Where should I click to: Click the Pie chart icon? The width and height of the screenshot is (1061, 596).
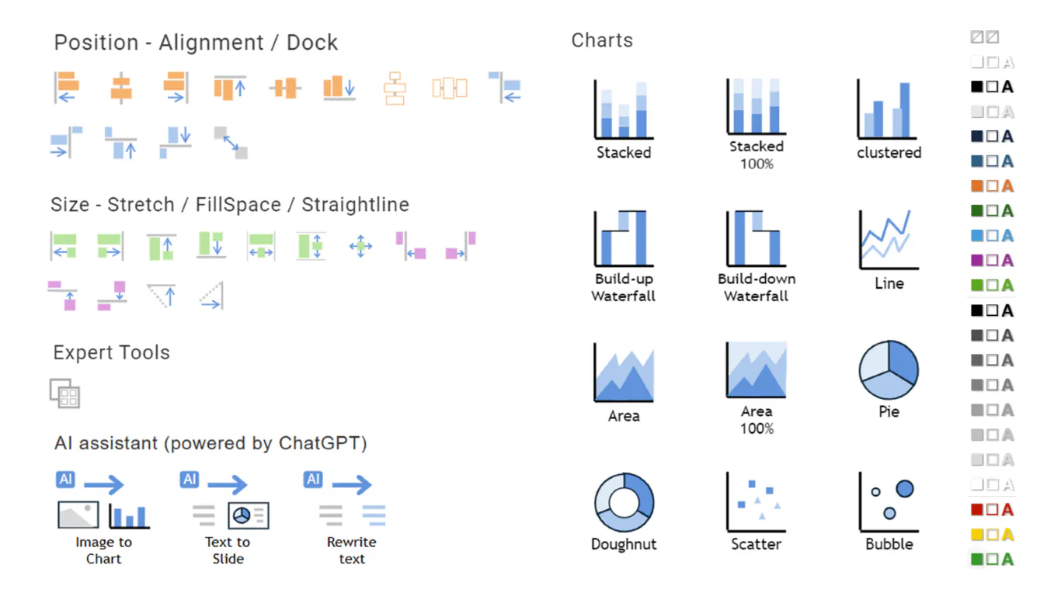(x=889, y=369)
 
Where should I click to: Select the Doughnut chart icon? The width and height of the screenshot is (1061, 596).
(x=624, y=502)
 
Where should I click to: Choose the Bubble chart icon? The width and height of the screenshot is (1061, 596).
(x=889, y=502)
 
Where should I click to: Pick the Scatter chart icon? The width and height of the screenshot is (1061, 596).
(x=756, y=502)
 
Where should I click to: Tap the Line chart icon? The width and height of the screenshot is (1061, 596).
(x=889, y=239)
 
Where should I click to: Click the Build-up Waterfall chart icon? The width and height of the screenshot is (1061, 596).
(x=624, y=238)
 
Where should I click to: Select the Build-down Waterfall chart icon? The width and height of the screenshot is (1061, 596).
(x=756, y=238)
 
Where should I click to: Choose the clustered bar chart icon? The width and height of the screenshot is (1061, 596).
(x=887, y=109)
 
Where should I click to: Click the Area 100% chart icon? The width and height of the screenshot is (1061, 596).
(x=757, y=369)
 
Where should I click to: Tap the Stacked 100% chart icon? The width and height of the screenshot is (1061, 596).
(x=756, y=106)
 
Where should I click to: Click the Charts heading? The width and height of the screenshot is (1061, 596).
(x=602, y=40)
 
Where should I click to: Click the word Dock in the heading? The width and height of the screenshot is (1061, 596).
(x=312, y=43)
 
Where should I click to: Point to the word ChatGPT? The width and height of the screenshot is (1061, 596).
(x=322, y=443)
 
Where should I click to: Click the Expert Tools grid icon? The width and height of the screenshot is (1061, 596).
(x=65, y=393)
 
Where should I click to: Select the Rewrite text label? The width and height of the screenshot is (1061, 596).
(x=351, y=550)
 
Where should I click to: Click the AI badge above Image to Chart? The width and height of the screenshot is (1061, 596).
(x=65, y=479)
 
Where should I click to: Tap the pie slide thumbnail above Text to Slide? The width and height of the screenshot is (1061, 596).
(x=249, y=515)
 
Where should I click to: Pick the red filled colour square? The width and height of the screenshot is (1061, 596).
(x=976, y=509)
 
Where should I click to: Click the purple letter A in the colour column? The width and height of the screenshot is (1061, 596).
(x=1007, y=261)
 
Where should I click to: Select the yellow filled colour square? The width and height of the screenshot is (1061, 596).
(x=976, y=535)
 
